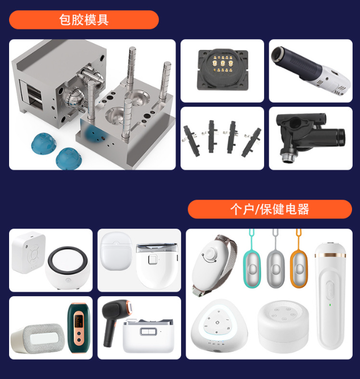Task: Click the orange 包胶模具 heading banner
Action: click(83, 20)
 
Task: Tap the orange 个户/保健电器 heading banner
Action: click(270, 209)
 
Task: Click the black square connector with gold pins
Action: click(223, 70)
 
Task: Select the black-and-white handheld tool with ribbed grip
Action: click(311, 70)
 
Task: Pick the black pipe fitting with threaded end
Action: click(311, 137)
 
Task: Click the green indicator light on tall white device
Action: click(330, 305)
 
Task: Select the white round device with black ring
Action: click(68, 268)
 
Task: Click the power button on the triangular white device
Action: click(217, 322)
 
